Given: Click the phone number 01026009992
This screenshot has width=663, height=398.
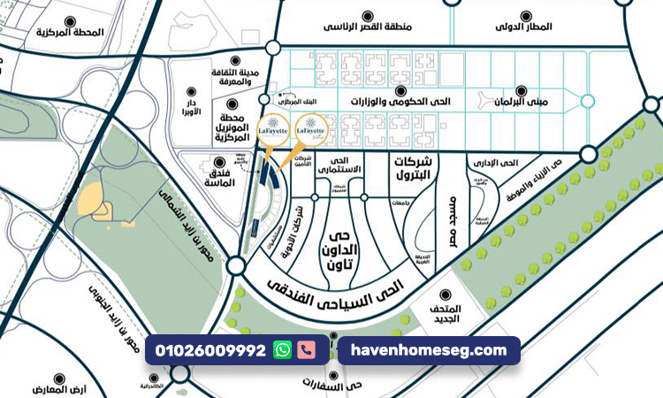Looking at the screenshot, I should [x=210, y=351].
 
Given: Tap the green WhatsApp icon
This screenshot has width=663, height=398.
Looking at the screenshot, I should [x=282, y=350].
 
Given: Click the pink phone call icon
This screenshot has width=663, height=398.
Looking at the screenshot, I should [x=306, y=350].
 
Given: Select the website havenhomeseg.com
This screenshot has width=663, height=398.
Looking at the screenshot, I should [x=429, y=351].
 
